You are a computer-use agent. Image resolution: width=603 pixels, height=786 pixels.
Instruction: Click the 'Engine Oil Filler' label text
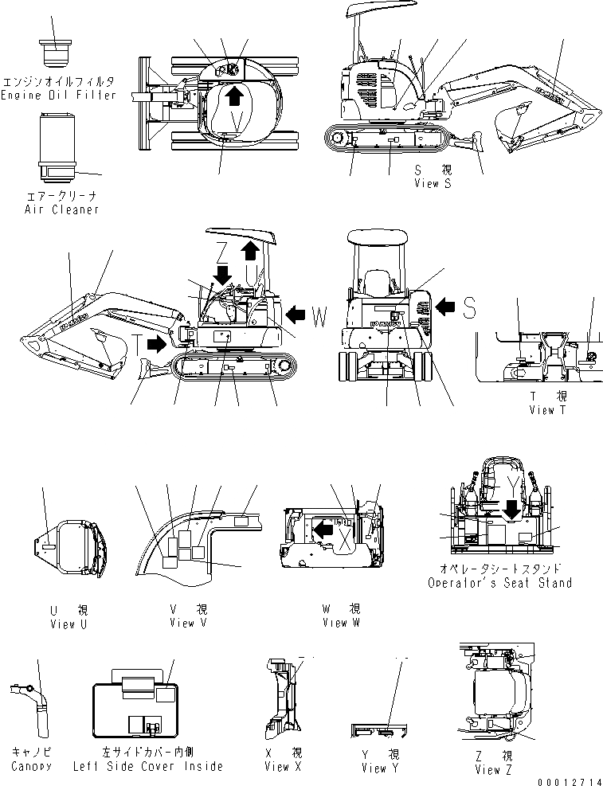58,95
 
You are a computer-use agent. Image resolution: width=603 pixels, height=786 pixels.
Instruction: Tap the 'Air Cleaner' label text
61,209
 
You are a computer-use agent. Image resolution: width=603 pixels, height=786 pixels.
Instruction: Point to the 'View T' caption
549,409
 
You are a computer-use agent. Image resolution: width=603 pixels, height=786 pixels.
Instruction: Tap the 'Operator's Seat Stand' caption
499,583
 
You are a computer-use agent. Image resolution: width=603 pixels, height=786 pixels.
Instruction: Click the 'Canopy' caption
32,766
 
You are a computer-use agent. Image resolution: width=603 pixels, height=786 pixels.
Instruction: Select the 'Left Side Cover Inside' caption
148,766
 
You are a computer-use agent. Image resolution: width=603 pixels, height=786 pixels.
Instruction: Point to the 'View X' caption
283,766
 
